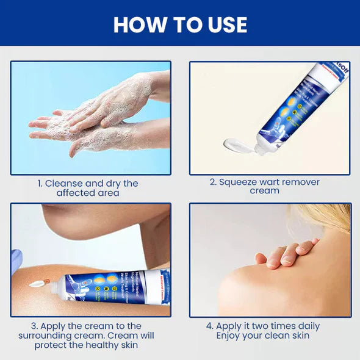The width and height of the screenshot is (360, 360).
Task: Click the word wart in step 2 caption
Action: point(274,182)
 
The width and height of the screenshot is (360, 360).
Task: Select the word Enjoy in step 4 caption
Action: point(231,336)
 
